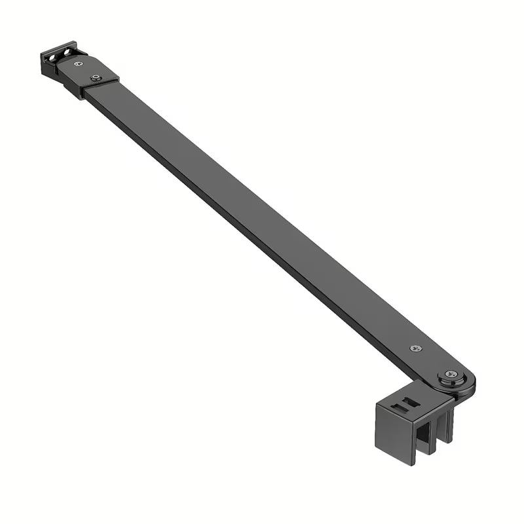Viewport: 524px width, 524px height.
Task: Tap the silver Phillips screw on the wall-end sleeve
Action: (79, 64)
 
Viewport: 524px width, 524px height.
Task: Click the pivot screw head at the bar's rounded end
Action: (451, 374)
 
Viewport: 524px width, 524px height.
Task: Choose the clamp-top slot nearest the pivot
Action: (410, 401)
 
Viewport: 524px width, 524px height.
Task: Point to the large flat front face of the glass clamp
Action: (394, 435)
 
